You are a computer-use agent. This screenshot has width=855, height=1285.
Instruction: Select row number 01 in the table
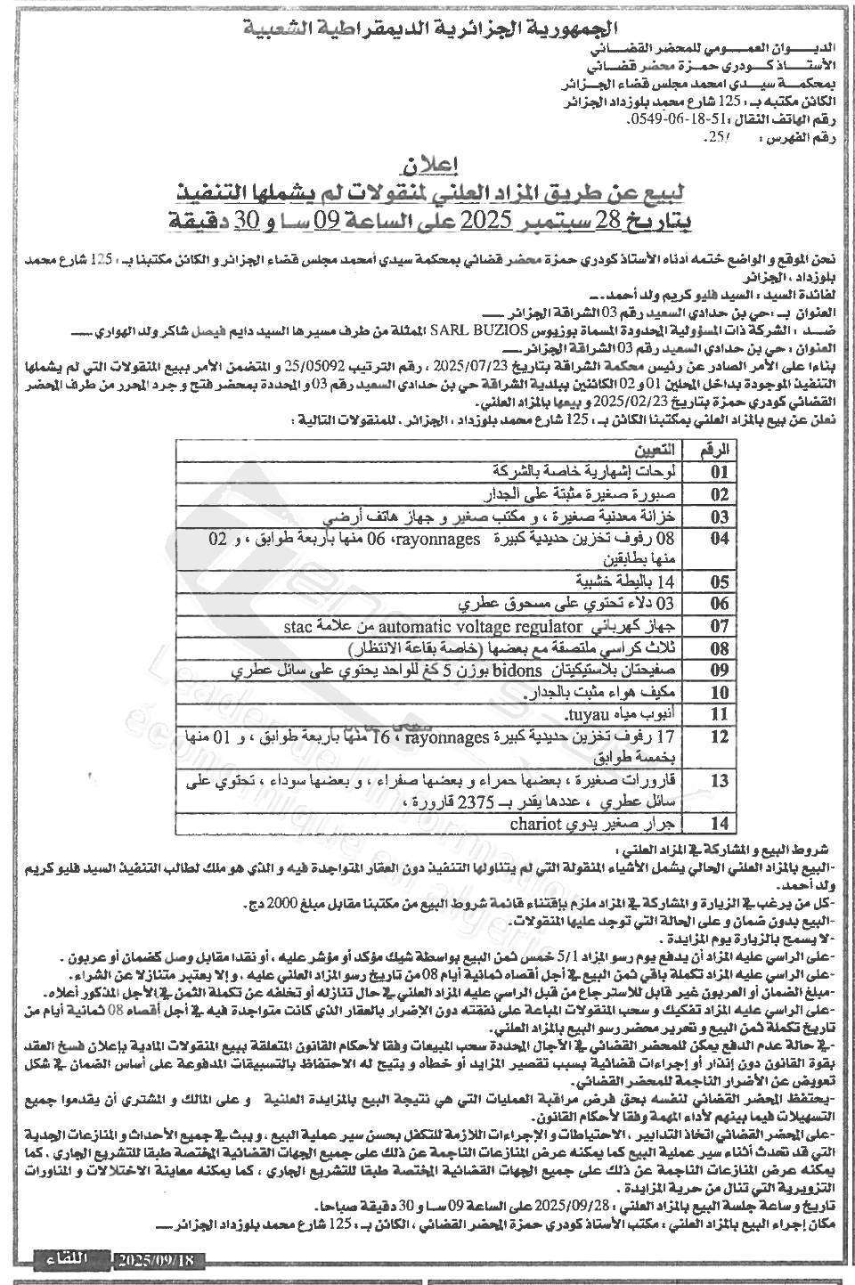720,471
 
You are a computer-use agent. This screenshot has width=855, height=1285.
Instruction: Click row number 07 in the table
720,625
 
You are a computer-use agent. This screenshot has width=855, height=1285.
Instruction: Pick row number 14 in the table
720,824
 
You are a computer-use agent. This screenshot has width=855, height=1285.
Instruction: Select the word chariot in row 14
533,823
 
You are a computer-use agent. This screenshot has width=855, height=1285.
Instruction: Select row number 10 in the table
720,691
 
